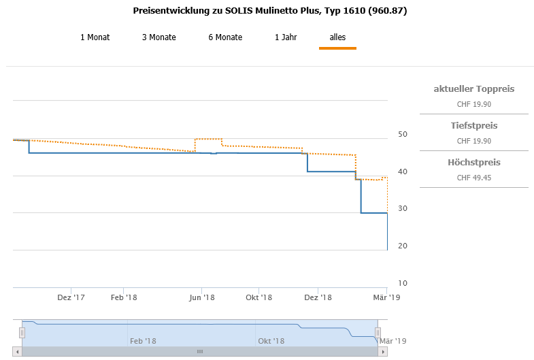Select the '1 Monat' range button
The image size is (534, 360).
(95, 37)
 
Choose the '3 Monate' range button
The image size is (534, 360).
(158, 37)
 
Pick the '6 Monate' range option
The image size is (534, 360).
(225, 37)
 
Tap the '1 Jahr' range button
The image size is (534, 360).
(286, 37)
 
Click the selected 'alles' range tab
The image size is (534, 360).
(337, 37)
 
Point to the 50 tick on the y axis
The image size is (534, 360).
(403, 134)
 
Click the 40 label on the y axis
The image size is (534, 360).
(403, 171)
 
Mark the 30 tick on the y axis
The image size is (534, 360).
(403, 209)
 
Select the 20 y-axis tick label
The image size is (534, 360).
(403, 246)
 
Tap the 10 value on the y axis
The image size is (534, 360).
(403, 283)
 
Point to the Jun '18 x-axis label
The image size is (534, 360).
(202, 297)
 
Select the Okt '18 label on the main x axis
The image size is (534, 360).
(259, 297)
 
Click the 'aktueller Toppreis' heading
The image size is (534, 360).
(473, 89)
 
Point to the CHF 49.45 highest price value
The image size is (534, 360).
(473, 178)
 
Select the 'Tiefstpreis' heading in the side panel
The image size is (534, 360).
(473, 126)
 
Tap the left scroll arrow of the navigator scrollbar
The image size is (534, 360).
(18, 352)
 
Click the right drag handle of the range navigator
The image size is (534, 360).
(378, 332)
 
